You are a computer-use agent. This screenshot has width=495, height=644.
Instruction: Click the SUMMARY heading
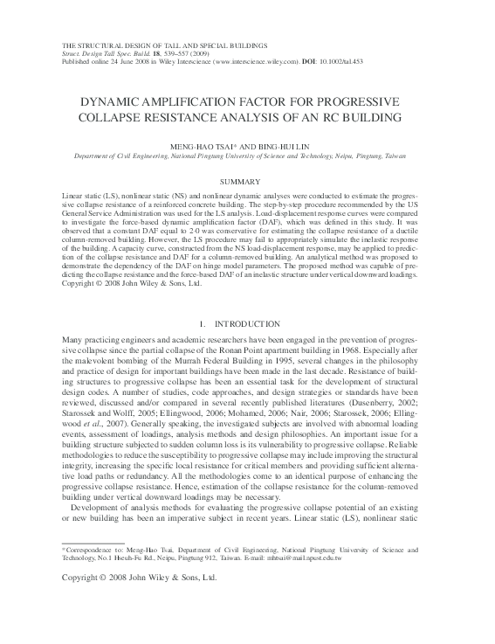(247, 181)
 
